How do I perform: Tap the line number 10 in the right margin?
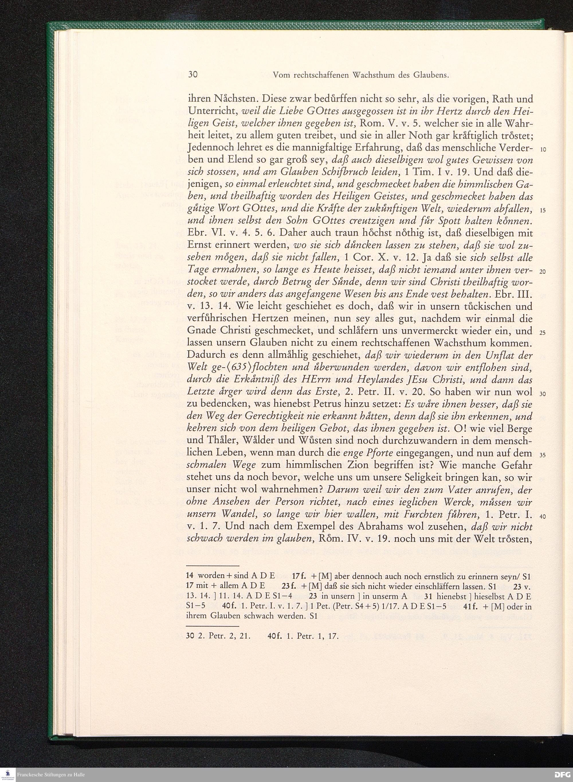pyautogui.click(x=543, y=150)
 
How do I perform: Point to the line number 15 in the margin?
pyautogui.click(x=543, y=211)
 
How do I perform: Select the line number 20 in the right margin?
pyautogui.click(x=543, y=272)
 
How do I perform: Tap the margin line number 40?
pyautogui.click(x=543, y=516)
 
